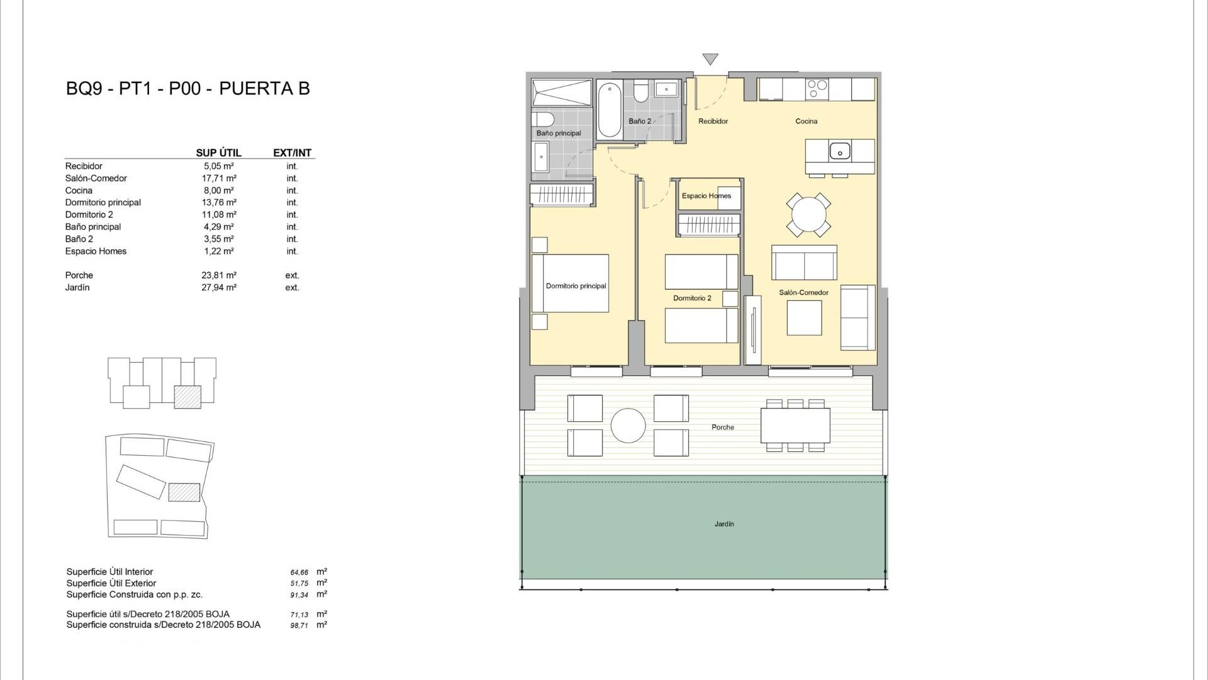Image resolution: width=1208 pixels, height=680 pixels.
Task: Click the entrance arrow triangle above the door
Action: [x=710, y=59]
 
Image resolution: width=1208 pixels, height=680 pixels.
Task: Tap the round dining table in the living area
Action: [x=808, y=215]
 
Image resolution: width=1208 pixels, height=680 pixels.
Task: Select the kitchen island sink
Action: [x=840, y=151]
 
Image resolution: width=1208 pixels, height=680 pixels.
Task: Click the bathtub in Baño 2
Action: [x=610, y=110]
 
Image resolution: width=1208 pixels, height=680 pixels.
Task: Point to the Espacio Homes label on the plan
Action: [x=707, y=196]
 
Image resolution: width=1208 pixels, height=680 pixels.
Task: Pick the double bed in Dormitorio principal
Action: [x=571, y=283]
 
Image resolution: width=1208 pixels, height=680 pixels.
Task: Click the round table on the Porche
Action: [x=628, y=426]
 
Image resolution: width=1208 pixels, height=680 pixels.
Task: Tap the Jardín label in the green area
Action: [x=724, y=524]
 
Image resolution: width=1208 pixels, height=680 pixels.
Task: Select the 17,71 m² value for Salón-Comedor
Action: [x=219, y=178]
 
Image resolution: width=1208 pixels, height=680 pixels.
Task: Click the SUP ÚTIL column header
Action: [x=218, y=153]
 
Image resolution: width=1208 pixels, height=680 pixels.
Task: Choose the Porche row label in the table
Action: [x=79, y=275]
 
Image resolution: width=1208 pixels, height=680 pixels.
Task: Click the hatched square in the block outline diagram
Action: [x=187, y=397]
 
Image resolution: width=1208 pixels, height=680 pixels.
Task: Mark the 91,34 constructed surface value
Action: [x=299, y=595]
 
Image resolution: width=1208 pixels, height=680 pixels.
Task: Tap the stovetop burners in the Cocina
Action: [x=817, y=89]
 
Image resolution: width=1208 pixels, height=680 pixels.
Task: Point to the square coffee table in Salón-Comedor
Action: [x=804, y=318]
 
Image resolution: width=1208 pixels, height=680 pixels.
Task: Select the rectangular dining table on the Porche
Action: [x=795, y=426]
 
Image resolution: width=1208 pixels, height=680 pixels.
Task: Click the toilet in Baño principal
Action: [x=542, y=119]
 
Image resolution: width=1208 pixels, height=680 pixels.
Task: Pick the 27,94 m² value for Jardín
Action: [x=219, y=288]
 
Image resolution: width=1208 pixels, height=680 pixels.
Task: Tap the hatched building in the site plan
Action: [x=184, y=492]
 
